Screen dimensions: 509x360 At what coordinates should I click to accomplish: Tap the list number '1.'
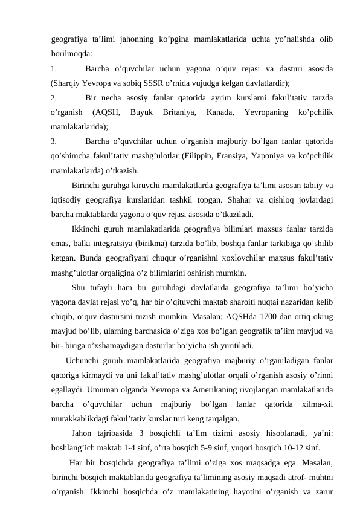[54, 68]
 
